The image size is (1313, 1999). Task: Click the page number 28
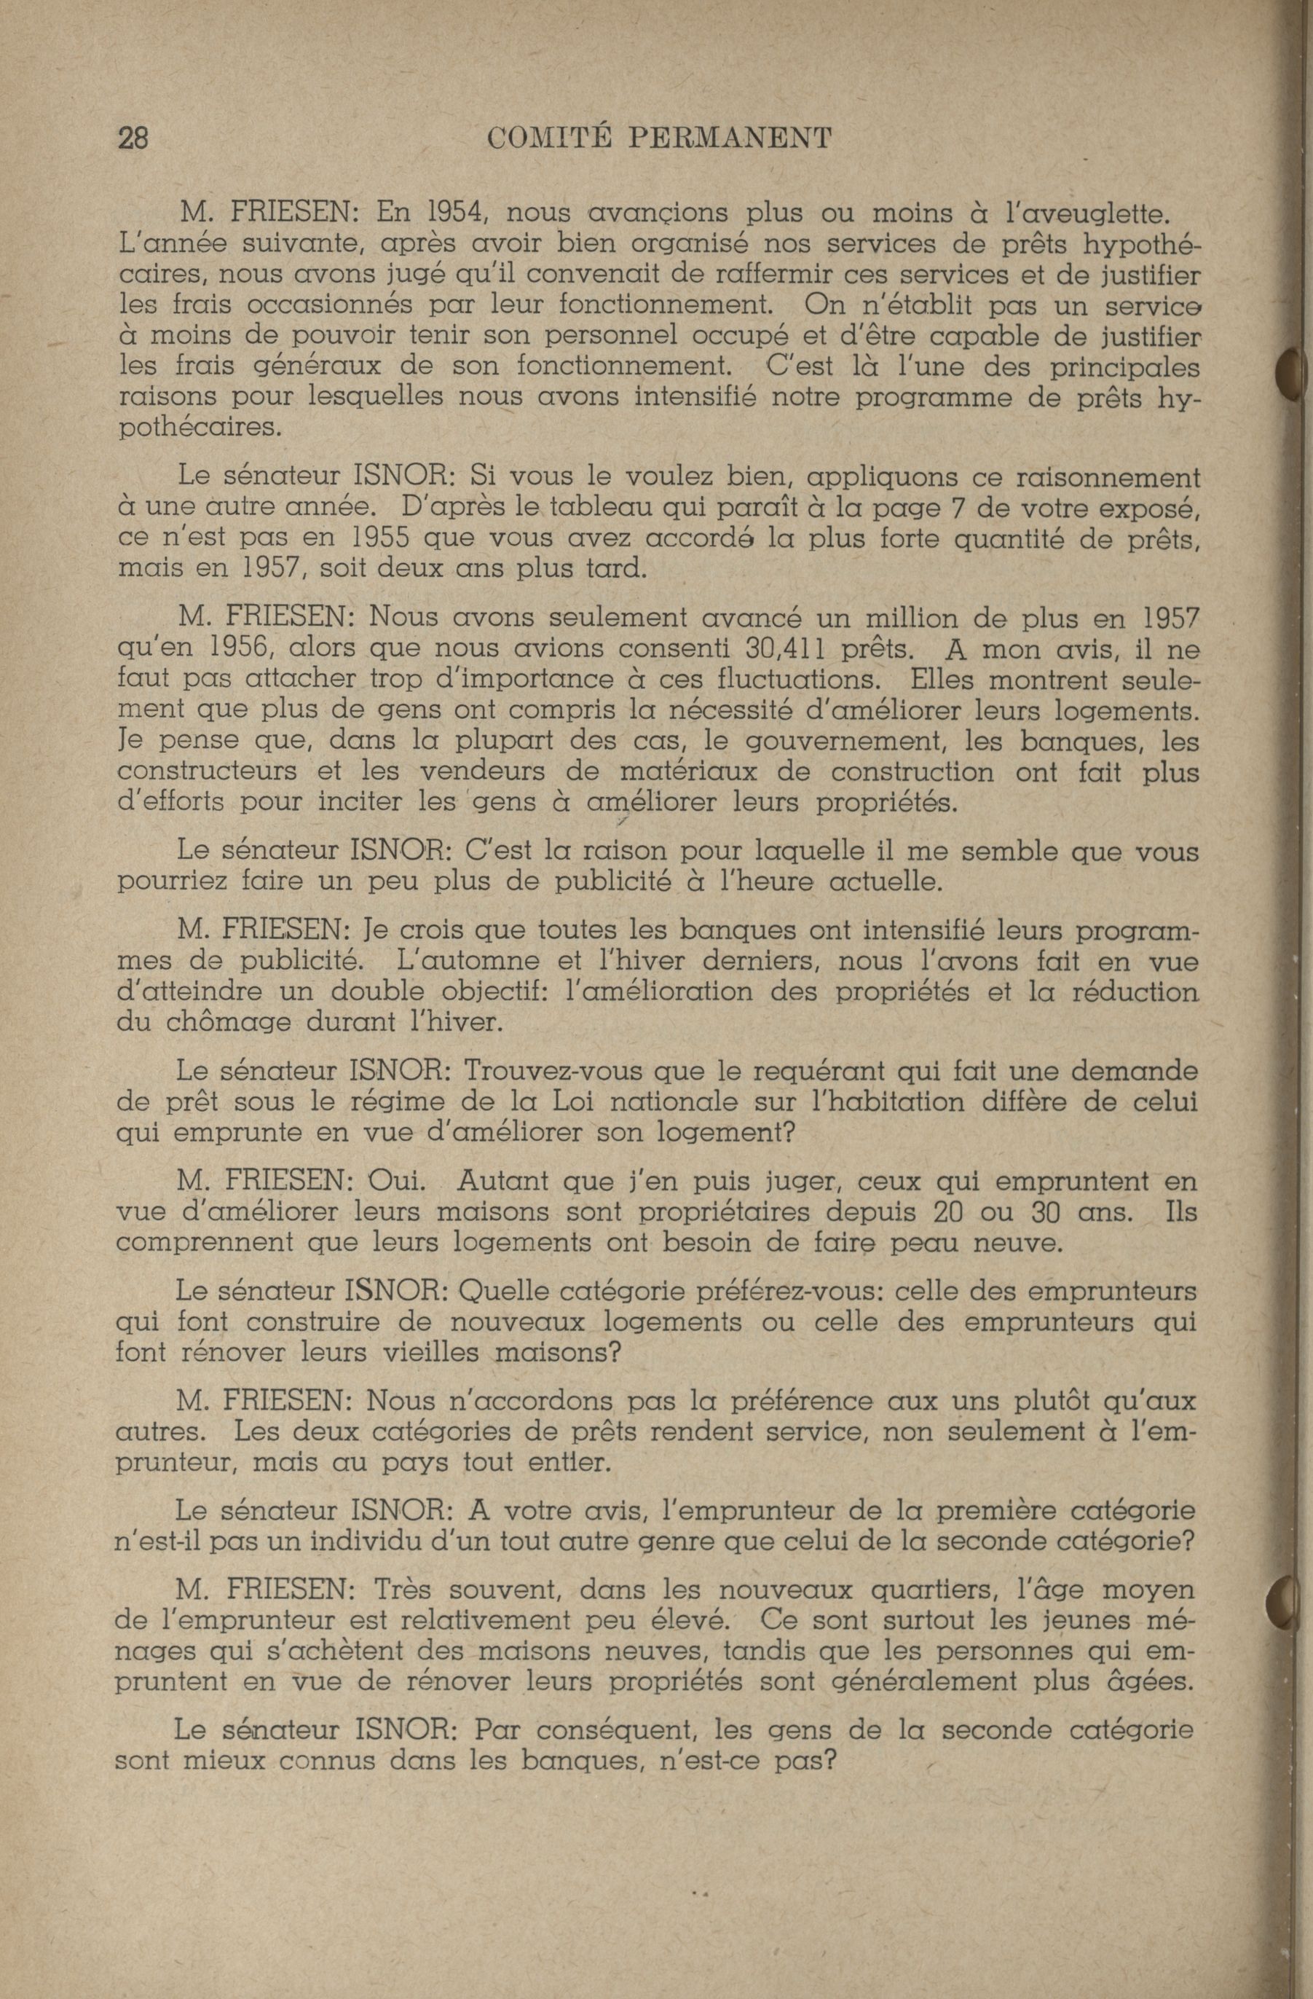[133, 136]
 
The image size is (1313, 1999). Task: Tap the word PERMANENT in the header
[730, 137]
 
